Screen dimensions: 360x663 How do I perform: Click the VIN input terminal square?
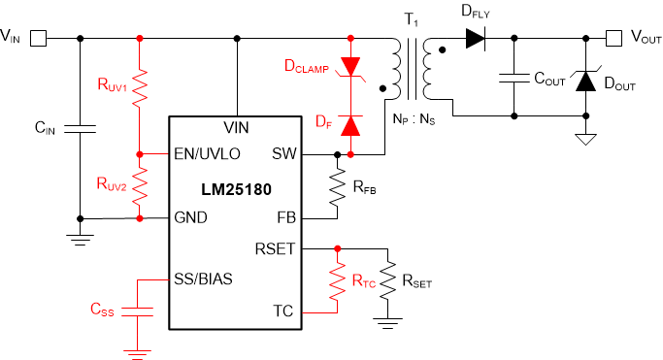tap(39, 39)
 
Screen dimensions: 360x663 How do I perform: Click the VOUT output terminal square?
tap(613, 39)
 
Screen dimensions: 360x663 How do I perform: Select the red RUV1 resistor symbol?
tap(141, 90)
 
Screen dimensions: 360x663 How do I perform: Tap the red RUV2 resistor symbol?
tap(141, 185)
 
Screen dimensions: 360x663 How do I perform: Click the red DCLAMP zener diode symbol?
tap(350, 67)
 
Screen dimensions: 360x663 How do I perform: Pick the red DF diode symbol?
tap(350, 124)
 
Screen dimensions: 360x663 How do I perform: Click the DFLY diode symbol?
tap(474, 39)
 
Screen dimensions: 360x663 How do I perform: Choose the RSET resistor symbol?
tap(387, 280)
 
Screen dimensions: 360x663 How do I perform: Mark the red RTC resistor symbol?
tap(337, 281)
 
